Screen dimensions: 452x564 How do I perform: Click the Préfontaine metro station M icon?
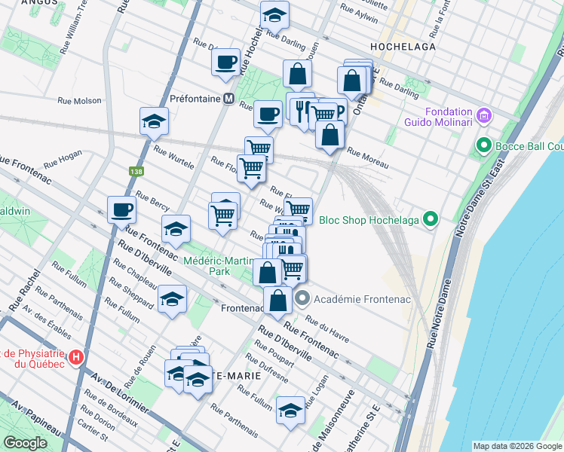tap(228, 99)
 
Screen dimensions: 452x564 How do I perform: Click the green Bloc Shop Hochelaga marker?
tap(431, 219)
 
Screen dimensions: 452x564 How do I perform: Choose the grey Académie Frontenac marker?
tap(302, 299)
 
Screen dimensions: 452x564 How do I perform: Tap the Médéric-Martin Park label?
tap(219, 265)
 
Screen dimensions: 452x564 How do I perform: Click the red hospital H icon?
tap(75, 356)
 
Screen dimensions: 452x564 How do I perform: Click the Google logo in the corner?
tap(25, 442)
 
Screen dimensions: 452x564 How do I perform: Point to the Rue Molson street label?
tap(80, 100)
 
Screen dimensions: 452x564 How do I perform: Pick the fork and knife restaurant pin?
tap(300, 110)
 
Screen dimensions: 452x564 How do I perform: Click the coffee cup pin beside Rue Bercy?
tap(121, 210)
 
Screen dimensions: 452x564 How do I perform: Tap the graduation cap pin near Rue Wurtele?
tap(154, 121)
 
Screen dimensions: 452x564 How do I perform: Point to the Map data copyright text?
tap(517, 446)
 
